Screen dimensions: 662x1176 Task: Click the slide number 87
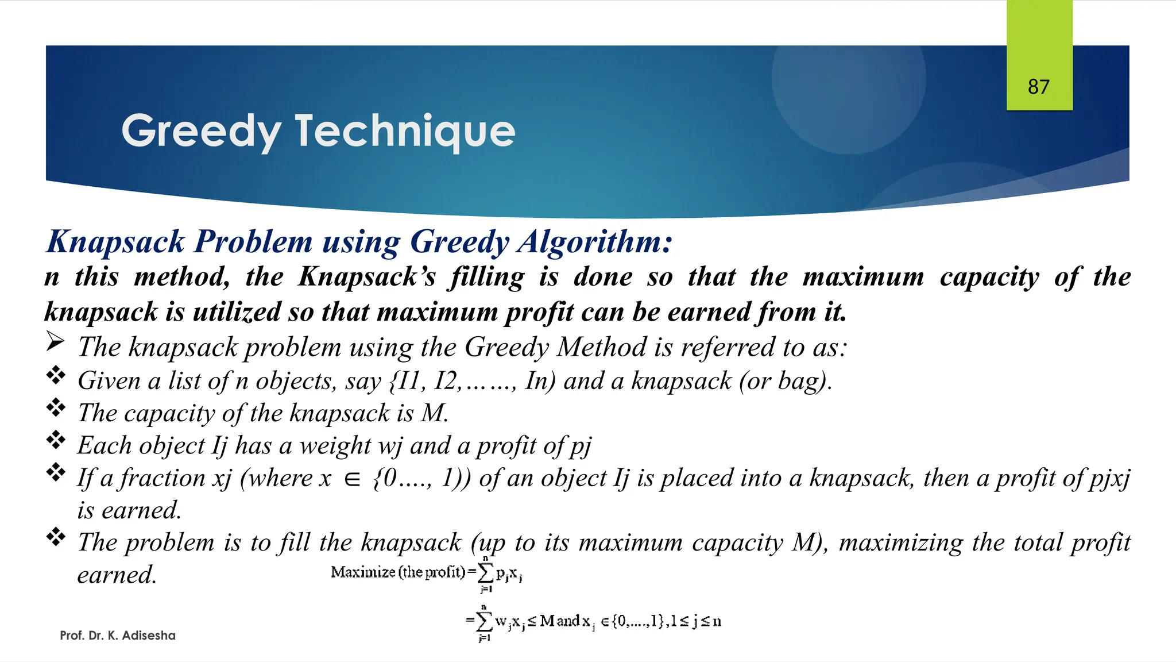(x=1039, y=87)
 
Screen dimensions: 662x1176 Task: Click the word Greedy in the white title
(x=201, y=132)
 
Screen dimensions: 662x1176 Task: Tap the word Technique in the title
(x=405, y=132)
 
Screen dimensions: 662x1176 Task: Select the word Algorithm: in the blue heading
(x=595, y=241)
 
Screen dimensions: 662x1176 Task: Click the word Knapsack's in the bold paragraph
(x=367, y=277)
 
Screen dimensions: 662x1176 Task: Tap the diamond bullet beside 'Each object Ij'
(x=56, y=440)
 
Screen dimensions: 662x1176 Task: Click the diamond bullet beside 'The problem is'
(x=56, y=537)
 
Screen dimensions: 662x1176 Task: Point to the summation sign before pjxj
(x=485, y=572)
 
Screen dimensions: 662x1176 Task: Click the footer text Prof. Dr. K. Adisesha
(x=118, y=636)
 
